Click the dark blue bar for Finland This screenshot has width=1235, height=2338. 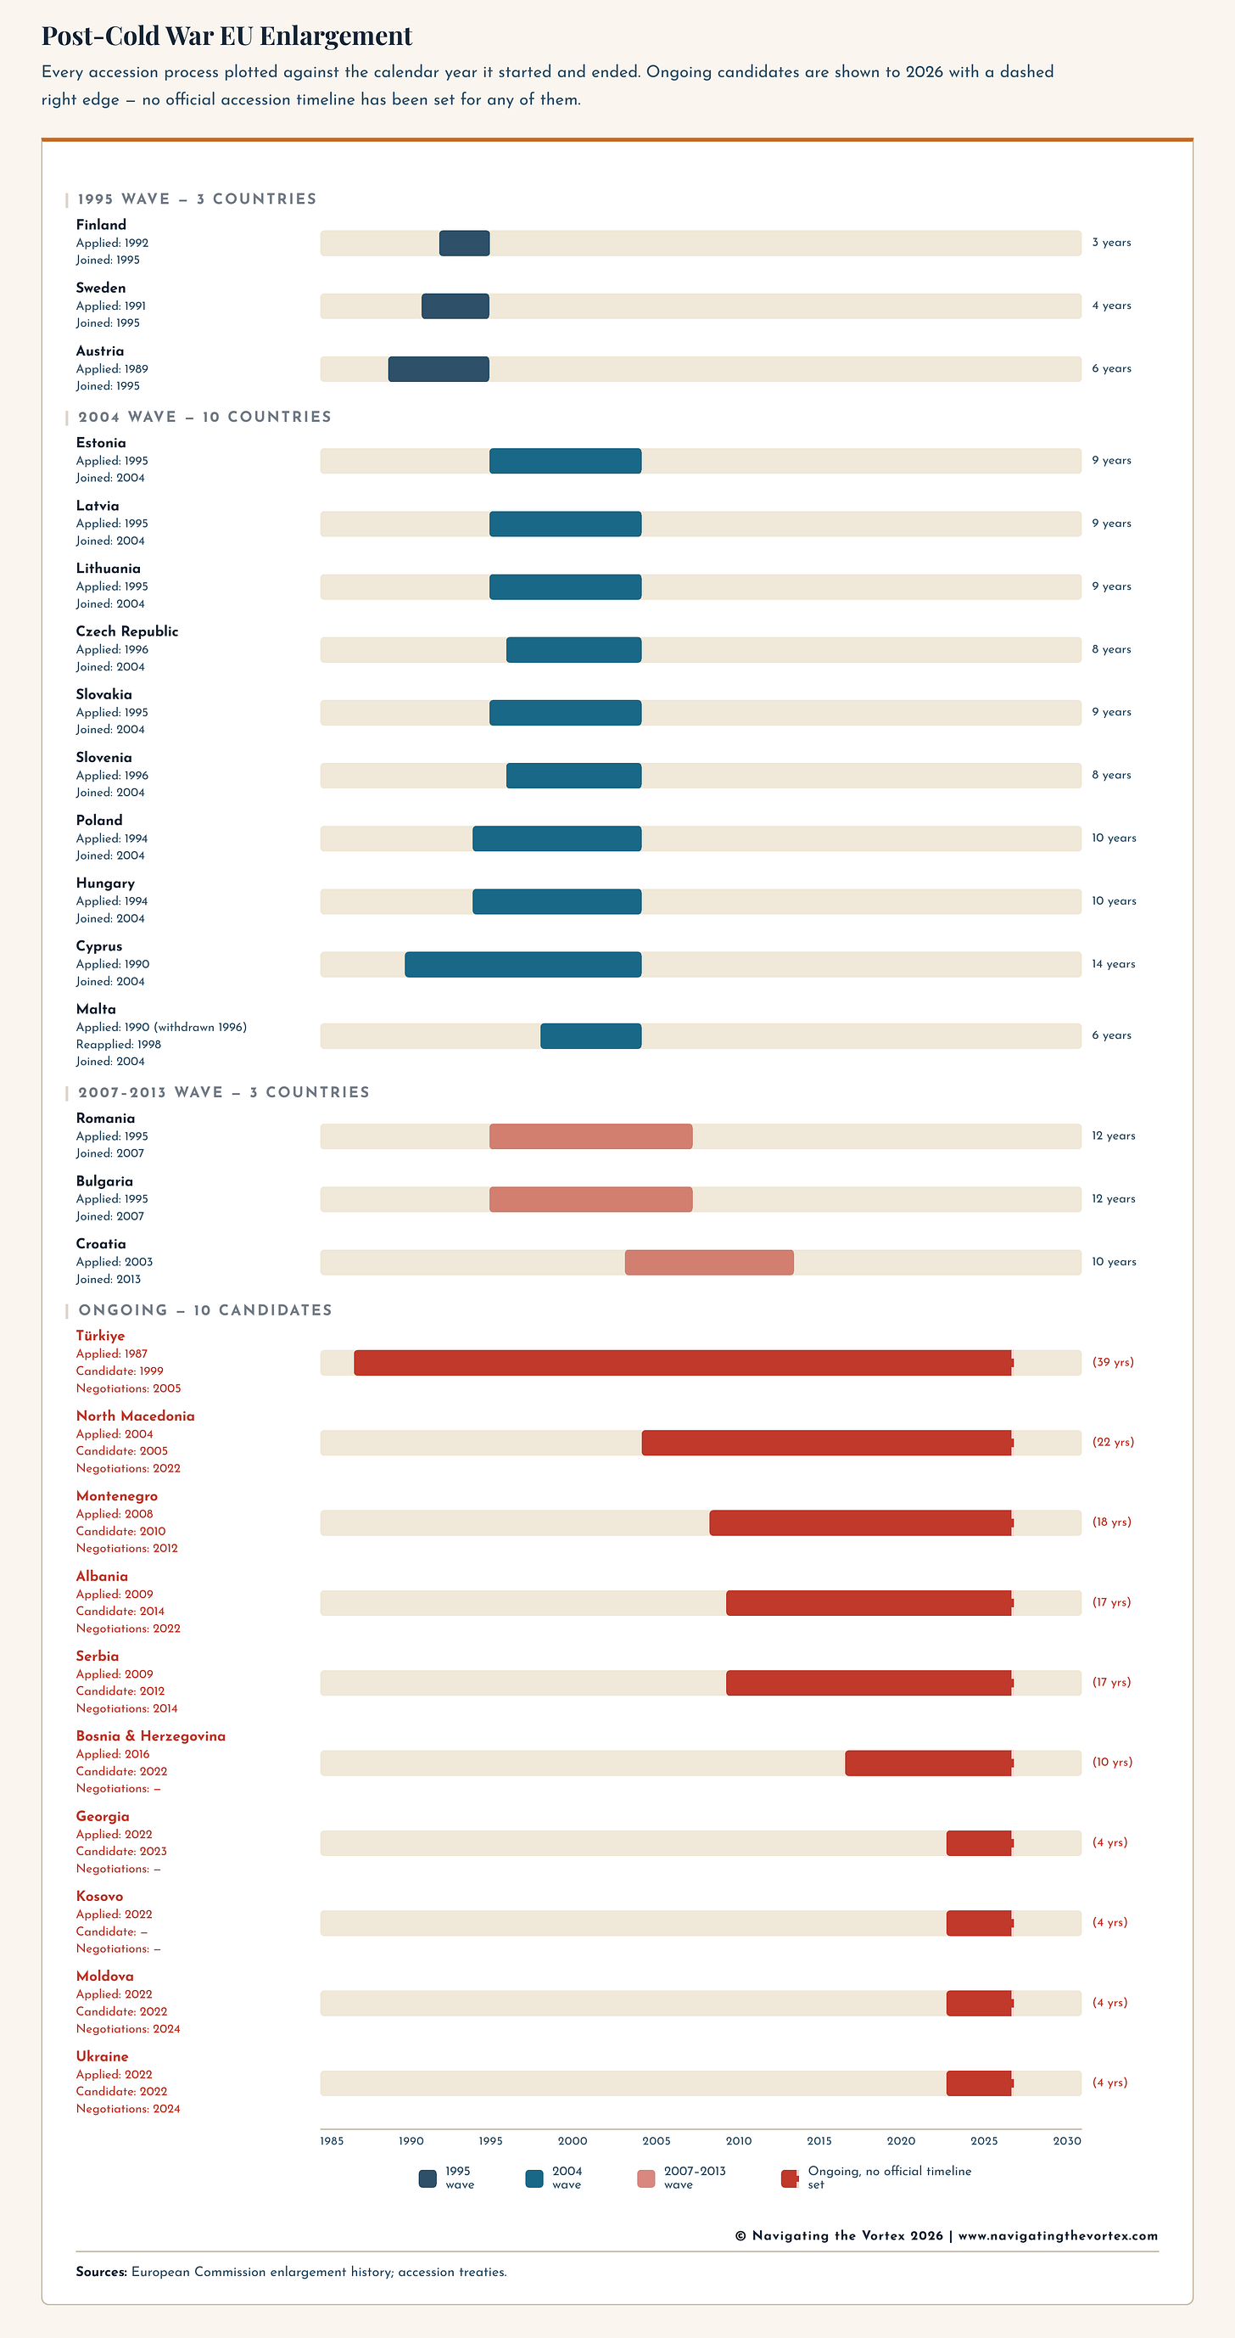[465, 244]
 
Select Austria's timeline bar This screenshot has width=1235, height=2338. [439, 369]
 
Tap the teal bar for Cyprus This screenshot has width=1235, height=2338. [522, 965]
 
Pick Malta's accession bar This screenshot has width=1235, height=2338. [590, 1035]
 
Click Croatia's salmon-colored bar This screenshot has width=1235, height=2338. [709, 1263]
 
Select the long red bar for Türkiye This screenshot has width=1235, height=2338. [682, 1362]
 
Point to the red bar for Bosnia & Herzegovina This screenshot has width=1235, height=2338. [928, 1763]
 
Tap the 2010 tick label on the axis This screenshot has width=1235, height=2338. [738, 2141]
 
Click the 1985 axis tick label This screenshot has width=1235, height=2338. [332, 2141]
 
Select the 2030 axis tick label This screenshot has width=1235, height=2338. [1066, 2141]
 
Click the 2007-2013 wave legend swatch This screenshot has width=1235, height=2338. [646, 2178]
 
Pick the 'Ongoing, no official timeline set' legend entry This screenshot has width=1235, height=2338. [888, 2178]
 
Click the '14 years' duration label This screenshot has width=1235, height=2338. [1114, 964]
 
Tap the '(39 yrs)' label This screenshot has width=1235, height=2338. [1113, 1362]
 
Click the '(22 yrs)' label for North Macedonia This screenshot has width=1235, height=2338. [1113, 1442]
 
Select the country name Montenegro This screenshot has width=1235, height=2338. [117, 1496]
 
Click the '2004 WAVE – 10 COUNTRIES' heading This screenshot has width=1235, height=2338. [204, 417]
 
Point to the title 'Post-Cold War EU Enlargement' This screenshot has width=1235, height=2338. [226, 36]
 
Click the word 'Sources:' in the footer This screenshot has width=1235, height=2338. [101, 2272]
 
